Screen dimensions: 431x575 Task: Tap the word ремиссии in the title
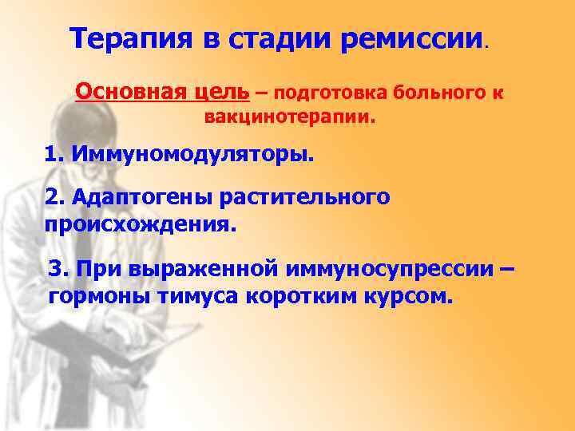point(410,38)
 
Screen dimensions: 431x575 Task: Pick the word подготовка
point(318,93)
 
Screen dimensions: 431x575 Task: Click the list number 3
point(56,270)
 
